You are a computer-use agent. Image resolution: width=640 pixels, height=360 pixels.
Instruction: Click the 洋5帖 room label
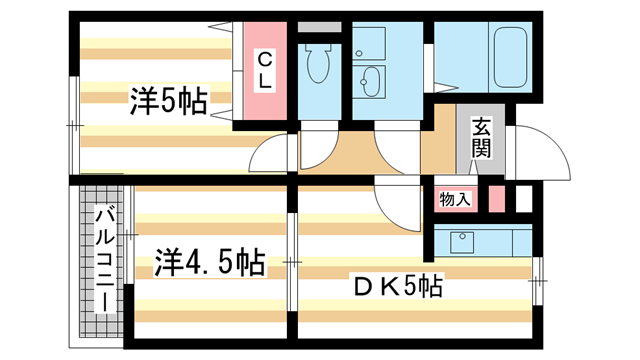click(167, 100)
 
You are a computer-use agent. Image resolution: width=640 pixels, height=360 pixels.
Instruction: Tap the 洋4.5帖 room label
click(209, 263)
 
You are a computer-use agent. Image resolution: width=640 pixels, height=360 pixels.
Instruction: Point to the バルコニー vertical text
click(102, 258)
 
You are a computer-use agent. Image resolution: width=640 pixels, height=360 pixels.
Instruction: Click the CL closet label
click(264, 70)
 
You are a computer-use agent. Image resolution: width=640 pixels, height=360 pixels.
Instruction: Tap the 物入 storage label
click(455, 199)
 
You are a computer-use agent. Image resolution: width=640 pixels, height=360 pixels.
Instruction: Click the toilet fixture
click(322, 65)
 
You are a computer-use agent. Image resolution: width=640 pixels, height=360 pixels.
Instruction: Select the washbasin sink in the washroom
click(372, 79)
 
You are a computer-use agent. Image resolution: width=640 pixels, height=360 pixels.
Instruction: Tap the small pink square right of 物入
click(495, 196)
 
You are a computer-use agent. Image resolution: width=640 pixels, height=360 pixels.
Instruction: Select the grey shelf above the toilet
click(319, 27)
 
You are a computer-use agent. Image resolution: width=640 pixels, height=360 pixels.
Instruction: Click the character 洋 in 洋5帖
click(141, 100)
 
